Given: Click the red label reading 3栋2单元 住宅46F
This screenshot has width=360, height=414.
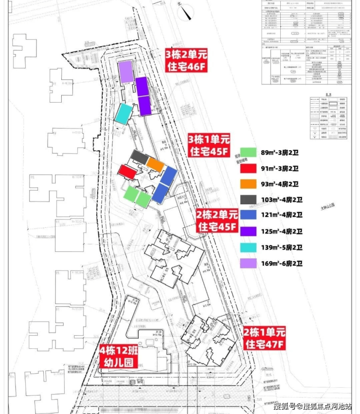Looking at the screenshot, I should pyautogui.click(x=187, y=60).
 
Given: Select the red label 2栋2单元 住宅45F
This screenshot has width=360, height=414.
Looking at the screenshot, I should pyautogui.click(x=217, y=220).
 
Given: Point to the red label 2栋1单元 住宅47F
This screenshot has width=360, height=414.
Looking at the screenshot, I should pyautogui.click(x=264, y=339).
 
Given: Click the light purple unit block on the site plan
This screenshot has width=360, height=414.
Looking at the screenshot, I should pyautogui.click(x=126, y=72).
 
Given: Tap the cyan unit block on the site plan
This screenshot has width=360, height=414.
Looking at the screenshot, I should pyautogui.click(x=123, y=113).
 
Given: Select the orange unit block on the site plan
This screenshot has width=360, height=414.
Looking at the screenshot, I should pyautogui.click(x=156, y=164).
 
